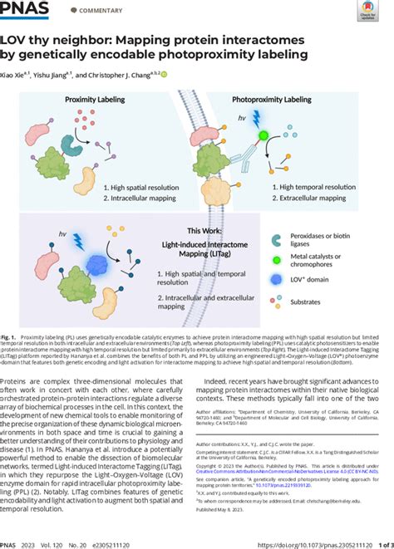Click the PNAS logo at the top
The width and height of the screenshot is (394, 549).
(25, 10)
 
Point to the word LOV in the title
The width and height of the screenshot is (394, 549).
(27, 41)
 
